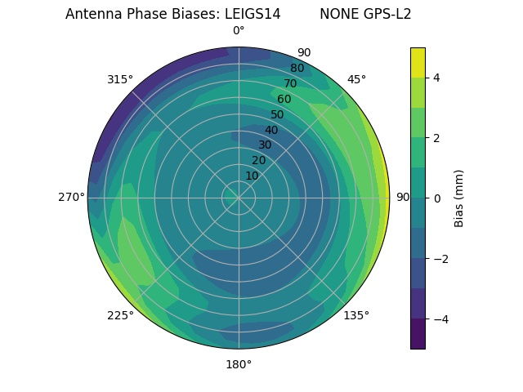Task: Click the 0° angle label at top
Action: click(239, 31)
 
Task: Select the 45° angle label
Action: click(356, 79)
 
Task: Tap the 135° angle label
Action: click(356, 315)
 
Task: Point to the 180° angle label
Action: click(239, 364)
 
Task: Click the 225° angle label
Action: click(120, 315)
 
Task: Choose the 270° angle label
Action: click(71, 197)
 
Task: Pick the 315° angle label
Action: click(120, 79)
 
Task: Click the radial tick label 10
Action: click(252, 176)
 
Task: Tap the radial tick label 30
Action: click(265, 145)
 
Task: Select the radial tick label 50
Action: click(277, 115)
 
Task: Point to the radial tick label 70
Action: click(290, 84)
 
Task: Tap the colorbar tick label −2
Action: click(437, 259)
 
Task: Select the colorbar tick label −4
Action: click(437, 319)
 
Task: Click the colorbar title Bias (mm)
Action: click(459, 198)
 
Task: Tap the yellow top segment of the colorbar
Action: click(418, 62)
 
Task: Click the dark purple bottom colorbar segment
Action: click(418, 334)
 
